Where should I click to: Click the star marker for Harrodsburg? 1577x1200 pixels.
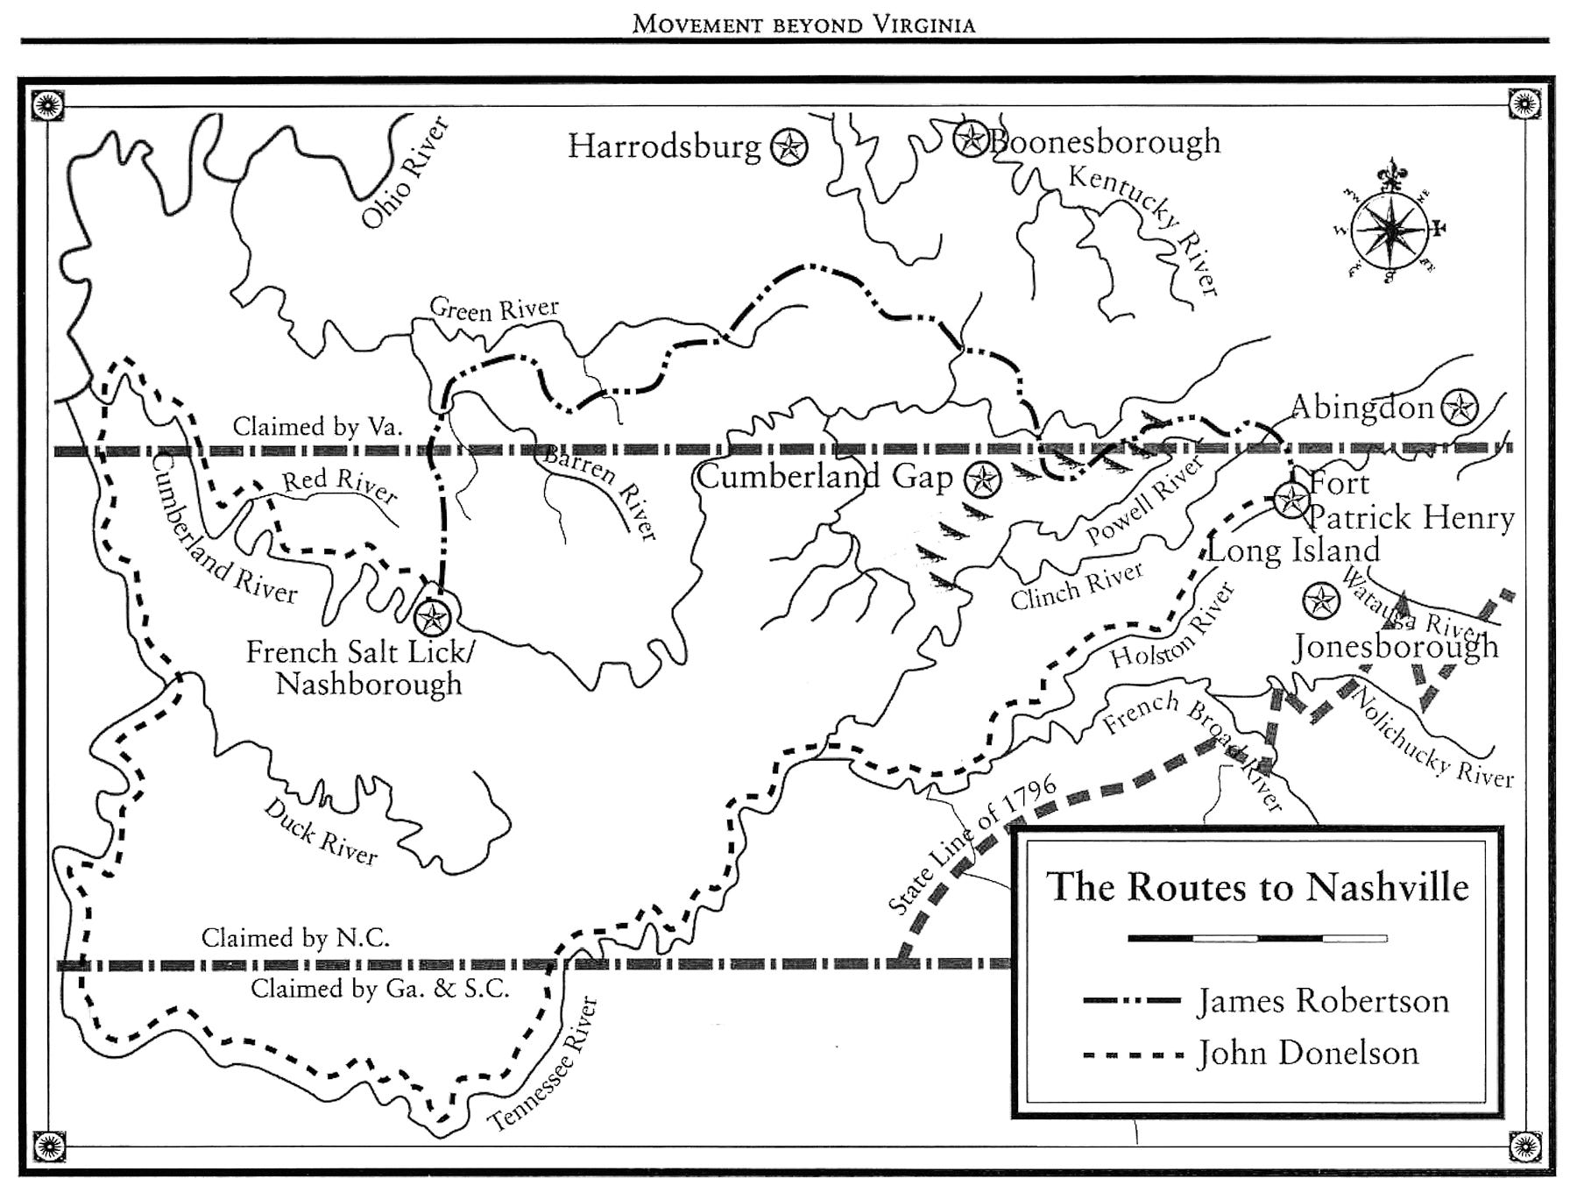[788, 146]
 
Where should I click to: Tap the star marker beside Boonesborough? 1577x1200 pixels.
[971, 138]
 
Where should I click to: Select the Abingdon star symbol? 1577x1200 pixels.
[1460, 407]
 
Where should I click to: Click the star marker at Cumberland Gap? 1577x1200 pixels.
[982, 479]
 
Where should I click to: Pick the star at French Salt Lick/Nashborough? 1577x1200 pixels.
[432, 617]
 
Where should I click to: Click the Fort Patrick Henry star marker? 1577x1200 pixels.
[1290, 499]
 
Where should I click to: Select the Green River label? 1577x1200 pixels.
[493, 309]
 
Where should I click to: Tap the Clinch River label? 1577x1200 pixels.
[1077, 586]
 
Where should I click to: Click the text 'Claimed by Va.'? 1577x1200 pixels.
[317, 427]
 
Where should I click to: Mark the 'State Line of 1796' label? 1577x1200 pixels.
[972, 846]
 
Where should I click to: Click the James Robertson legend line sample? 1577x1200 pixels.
[1132, 1001]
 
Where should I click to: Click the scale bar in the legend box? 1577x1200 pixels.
[1257, 938]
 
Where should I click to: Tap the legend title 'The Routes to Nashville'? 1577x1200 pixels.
[1257, 886]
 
